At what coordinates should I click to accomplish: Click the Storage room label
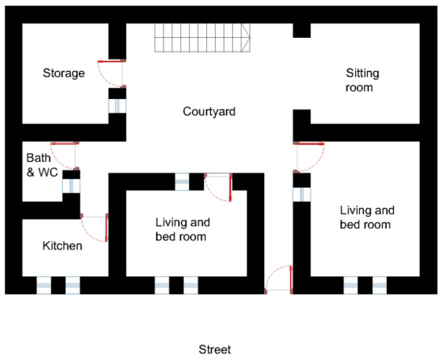coord(64,73)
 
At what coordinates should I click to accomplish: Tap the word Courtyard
coord(209,111)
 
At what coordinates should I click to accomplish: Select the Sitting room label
coord(362,81)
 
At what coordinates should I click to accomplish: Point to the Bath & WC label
coord(42,165)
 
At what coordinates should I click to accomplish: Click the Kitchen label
coord(63,246)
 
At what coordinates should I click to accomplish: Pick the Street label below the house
coord(215,350)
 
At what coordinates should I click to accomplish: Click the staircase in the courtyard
coord(202,38)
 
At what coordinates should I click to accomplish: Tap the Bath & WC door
coord(64,155)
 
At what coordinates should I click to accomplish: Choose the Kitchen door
coord(94,228)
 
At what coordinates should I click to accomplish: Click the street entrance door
coord(279,279)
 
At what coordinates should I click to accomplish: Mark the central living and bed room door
coord(218,188)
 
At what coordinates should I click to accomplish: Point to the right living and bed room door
coord(308,157)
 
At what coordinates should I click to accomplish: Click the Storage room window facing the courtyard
coord(118,106)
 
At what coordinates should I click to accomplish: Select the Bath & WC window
coord(71,186)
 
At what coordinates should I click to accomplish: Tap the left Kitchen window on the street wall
coord(43,285)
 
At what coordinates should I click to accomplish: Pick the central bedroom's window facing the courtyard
coord(182,182)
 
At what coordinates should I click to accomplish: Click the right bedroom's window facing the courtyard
coord(302,194)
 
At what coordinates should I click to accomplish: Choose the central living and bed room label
coord(183,230)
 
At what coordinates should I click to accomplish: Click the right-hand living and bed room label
coord(367,217)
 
